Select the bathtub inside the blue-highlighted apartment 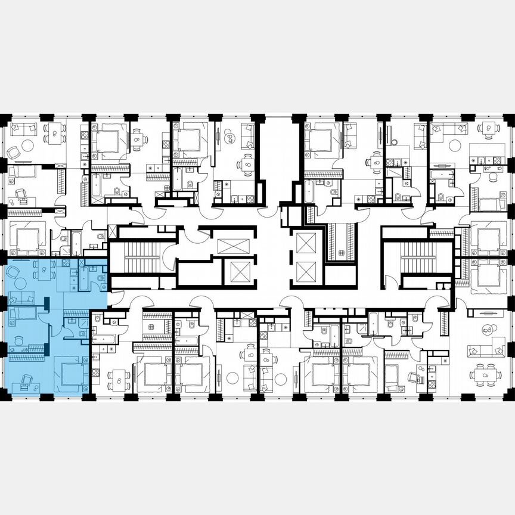pyautogui.click(x=83, y=277)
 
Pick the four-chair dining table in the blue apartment pyautogui.click(x=44, y=271)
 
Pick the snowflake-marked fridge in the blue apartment pyautogui.click(x=73, y=287)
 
